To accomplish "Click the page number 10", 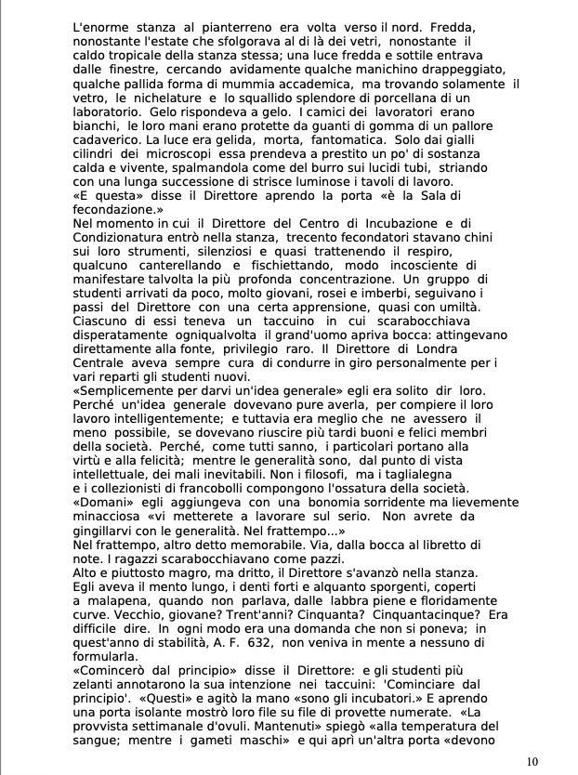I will tap(532, 761).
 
